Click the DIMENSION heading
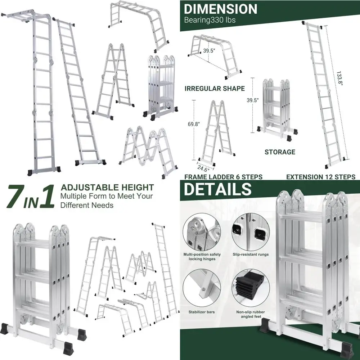[x=221, y=9]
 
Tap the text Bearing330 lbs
[x=210, y=20]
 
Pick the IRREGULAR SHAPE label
[x=215, y=88]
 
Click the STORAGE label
[x=280, y=152]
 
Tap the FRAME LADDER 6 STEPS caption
[x=223, y=177]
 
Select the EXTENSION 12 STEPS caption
[x=321, y=177]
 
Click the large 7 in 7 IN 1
[x=14, y=196]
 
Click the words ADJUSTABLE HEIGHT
[x=107, y=188]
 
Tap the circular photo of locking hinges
[x=202, y=232]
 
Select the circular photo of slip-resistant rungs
[x=251, y=232]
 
